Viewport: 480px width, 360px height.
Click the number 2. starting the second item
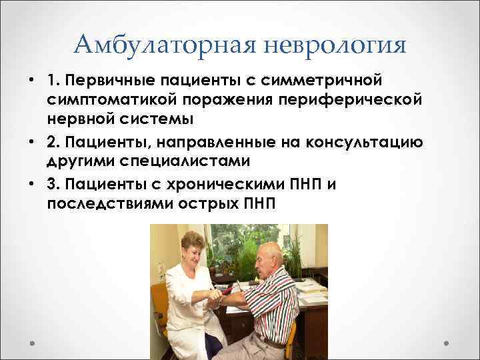(54, 143)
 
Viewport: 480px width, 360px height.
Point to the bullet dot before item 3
(32, 185)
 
